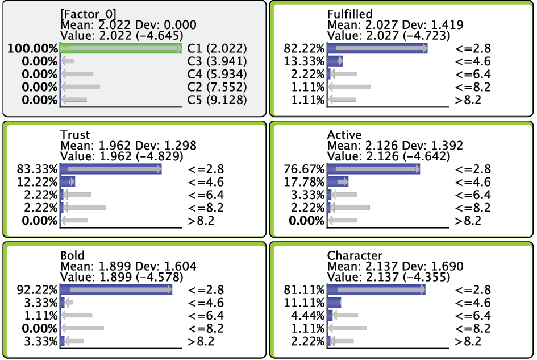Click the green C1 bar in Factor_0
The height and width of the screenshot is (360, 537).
tap(121, 48)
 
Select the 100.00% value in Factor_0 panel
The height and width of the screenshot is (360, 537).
tap(33, 49)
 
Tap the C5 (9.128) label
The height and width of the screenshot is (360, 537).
tap(217, 100)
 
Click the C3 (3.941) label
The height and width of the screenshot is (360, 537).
tap(217, 61)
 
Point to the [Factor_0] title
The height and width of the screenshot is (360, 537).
tap(88, 14)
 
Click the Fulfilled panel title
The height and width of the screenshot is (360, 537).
tap(349, 14)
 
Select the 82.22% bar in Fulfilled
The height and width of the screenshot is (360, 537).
tap(377, 48)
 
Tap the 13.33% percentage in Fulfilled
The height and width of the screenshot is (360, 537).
tap(304, 61)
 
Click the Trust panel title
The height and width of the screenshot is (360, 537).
tap(74, 135)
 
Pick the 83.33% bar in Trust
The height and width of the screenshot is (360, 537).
tap(111, 169)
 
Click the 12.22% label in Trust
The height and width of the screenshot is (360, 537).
tap(38, 182)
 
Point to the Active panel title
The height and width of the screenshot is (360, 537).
tap(344, 135)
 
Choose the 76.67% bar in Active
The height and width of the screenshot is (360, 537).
tap(374, 169)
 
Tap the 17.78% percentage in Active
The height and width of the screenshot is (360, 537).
tap(304, 182)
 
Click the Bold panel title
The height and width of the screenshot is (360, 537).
tap(72, 255)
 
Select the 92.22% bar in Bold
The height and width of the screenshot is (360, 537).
tap(116, 289)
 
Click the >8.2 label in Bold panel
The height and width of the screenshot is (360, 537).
tap(201, 341)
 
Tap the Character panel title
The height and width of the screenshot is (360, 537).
tap(355, 255)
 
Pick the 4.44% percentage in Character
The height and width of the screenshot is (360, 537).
tap(307, 316)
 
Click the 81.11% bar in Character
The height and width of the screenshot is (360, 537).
tap(376, 289)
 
